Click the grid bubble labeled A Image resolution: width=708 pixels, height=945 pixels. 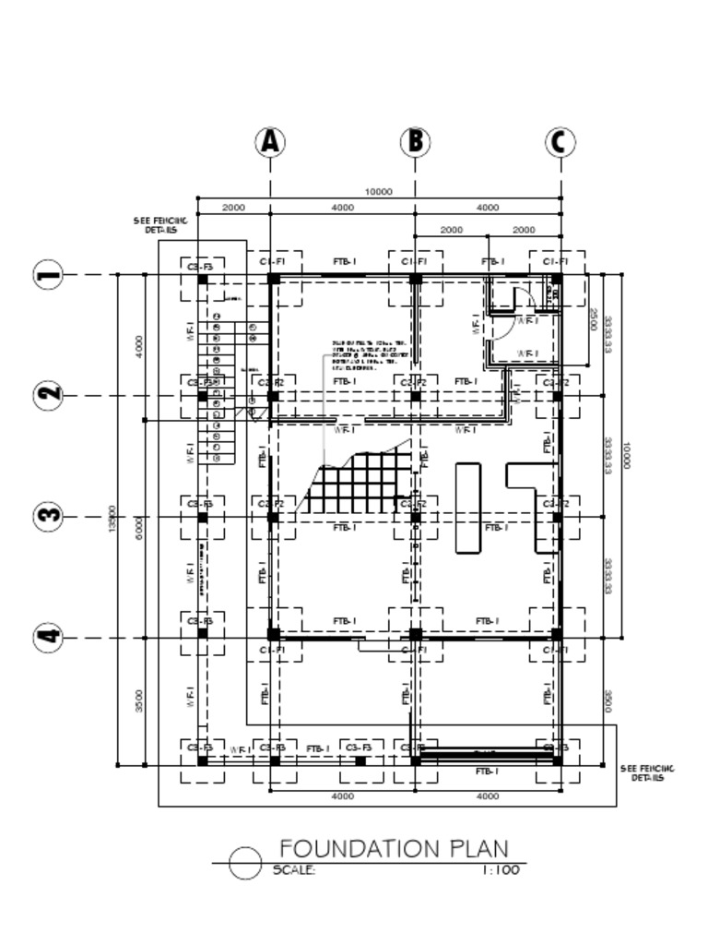click(270, 142)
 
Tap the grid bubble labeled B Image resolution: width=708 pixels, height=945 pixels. click(416, 142)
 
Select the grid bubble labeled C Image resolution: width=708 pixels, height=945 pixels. click(560, 142)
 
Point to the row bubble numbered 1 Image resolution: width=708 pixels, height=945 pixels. click(49, 274)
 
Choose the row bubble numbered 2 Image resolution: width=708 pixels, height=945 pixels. click(49, 395)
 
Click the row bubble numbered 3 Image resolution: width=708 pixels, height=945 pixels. click(49, 516)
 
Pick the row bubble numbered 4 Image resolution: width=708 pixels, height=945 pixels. click(49, 637)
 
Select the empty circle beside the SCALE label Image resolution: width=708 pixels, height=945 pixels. click(245, 864)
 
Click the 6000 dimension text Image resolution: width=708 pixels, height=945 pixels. click(139, 528)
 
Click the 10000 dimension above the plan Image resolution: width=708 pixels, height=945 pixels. click(378, 192)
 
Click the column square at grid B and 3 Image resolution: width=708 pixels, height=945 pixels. click(416, 518)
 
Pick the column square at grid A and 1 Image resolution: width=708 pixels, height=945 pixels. click(273, 278)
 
